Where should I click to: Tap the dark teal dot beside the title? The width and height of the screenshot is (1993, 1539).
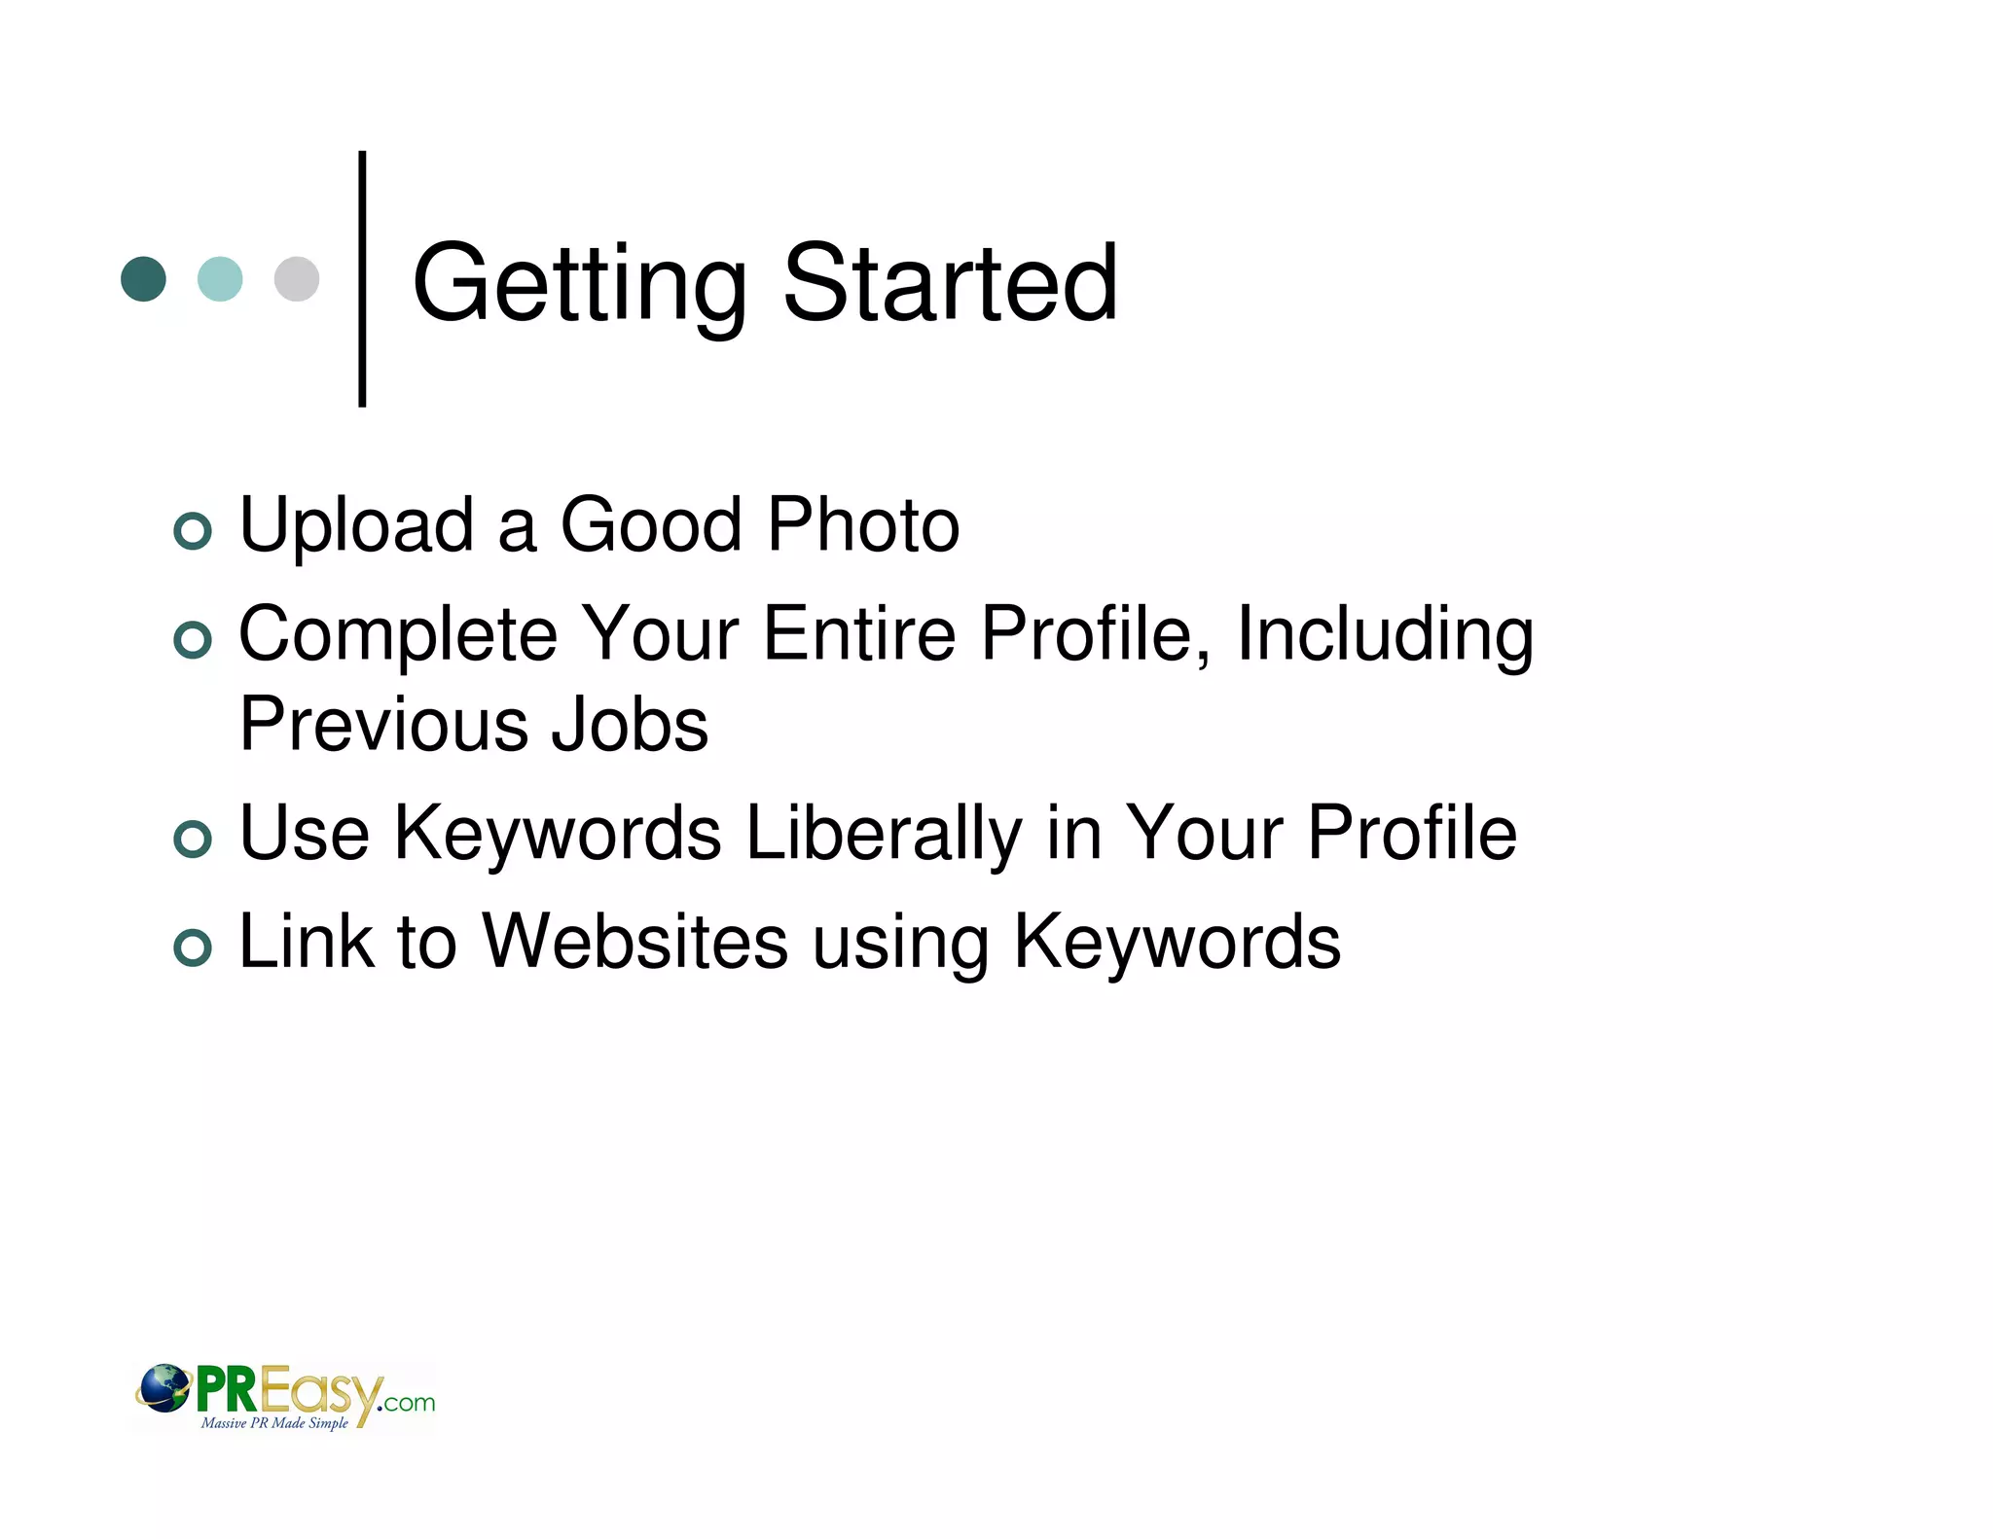[x=143, y=279]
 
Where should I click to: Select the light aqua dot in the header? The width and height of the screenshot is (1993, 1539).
[x=220, y=279]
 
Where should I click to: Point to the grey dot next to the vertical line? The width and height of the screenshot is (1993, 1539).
[x=297, y=279]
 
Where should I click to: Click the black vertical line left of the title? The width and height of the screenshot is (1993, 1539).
[x=362, y=279]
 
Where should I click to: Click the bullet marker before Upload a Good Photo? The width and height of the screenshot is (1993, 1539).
[x=193, y=531]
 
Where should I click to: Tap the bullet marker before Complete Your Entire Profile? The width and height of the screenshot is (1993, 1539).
[x=193, y=640]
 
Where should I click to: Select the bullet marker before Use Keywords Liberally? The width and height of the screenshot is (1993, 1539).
[x=193, y=840]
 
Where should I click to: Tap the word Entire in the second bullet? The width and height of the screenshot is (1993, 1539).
[x=858, y=634]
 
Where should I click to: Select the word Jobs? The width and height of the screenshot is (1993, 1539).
[x=630, y=725]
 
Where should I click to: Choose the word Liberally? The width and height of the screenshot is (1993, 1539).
[x=883, y=835]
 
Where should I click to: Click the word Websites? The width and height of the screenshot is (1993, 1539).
[x=634, y=942]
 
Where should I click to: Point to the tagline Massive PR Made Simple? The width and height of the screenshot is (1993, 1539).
[x=274, y=1423]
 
